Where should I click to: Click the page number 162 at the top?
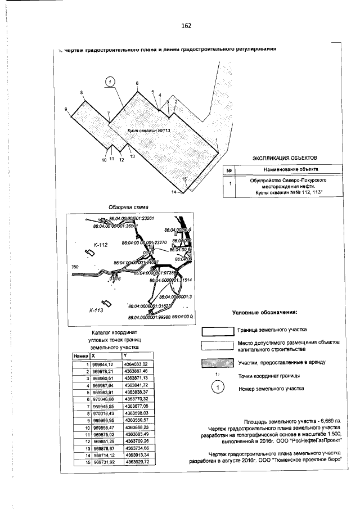[x=186, y=26]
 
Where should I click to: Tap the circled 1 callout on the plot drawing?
[x=110, y=82]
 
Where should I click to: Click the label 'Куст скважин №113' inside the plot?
[x=148, y=130]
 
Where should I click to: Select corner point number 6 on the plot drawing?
[x=137, y=84]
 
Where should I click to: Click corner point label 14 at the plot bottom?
[x=174, y=192]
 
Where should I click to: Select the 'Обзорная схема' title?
[x=128, y=207]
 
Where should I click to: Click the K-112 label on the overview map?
[x=100, y=245]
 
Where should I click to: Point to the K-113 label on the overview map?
[x=98, y=310]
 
